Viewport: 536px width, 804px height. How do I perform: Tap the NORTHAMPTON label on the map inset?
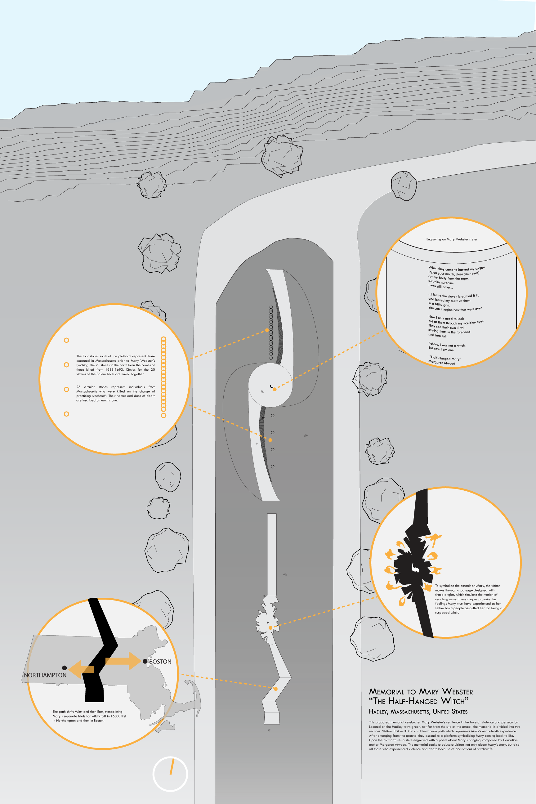[45, 675]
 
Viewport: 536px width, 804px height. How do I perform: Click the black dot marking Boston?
[145, 661]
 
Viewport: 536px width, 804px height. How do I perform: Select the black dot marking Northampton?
[64, 668]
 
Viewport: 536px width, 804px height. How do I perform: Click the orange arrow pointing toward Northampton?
[81, 669]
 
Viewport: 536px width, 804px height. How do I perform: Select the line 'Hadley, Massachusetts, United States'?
[418, 712]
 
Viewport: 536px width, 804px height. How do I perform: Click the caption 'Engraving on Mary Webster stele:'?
[452, 239]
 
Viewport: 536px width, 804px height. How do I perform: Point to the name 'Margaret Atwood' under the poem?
[442, 363]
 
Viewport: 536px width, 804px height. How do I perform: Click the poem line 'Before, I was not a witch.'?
[447, 345]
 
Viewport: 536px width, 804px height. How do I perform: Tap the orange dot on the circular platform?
[275, 389]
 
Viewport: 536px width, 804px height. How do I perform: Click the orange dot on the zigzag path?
[275, 689]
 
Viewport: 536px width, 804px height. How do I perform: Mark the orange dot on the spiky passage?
[270, 628]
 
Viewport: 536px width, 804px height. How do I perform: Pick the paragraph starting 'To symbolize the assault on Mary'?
[468, 599]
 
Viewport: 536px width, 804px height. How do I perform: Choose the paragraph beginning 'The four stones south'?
[115, 365]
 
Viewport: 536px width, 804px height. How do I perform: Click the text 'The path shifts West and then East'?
[89, 716]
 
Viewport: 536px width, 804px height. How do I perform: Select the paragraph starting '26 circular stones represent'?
[115, 393]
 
